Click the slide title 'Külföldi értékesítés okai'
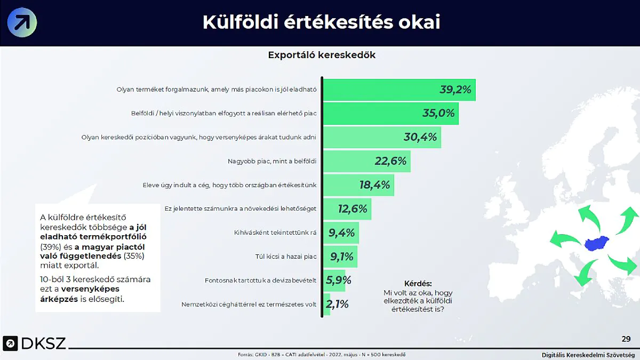click(321, 22)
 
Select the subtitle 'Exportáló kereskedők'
click(322, 55)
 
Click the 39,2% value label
click(455, 90)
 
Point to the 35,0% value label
click(438, 113)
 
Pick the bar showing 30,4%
click(382, 137)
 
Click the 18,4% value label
click(374, 185)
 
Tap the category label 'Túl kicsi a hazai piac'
click(286, 257)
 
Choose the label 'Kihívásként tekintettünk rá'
click(275, 233)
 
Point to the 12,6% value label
click(353, 209)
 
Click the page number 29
click(626, 339)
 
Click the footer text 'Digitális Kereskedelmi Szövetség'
click(588, 355)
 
